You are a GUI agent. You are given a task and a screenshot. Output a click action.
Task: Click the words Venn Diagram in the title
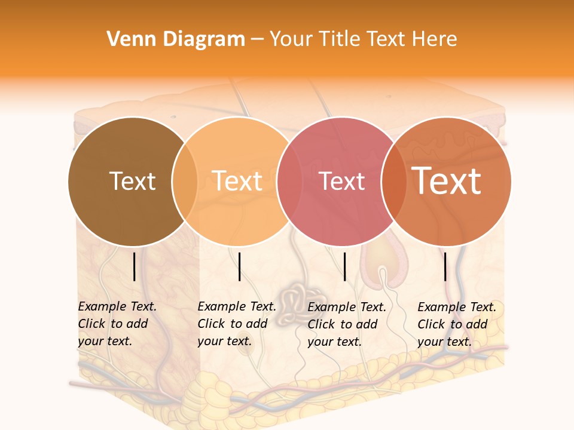pos(176,39)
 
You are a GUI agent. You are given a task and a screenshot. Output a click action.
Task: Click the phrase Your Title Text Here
pos(363,39)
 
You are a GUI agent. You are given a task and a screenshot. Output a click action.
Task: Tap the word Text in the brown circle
pos(132,181)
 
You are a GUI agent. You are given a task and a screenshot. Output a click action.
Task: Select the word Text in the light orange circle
pos(237,181)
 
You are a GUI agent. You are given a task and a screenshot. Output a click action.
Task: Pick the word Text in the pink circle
pos(342,181)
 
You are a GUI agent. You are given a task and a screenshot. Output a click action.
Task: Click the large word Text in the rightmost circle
pos(447,181)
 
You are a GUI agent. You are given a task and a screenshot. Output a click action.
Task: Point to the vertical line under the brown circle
pos(135,266)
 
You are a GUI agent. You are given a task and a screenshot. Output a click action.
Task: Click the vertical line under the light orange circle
pos(239,266)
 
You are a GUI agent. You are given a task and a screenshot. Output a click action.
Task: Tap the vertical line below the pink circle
pos(345,266)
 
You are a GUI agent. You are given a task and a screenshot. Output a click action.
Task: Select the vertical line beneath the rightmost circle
pos(445,266)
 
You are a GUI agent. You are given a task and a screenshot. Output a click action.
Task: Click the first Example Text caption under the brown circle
pos(117,306)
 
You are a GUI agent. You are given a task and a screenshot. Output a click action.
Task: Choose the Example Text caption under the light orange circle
pos(237,306)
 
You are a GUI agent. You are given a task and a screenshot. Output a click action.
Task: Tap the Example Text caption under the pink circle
pos(347,307)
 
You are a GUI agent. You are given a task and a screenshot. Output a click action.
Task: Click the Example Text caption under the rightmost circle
pos(457,307)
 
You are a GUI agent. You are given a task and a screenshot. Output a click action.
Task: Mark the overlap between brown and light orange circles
pos(185,182)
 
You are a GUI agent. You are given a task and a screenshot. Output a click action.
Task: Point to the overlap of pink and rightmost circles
pos(395,182)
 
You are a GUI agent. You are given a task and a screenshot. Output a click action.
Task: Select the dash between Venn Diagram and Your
pos(257,40)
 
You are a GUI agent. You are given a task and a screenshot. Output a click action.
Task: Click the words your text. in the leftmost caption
pos(105,341)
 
